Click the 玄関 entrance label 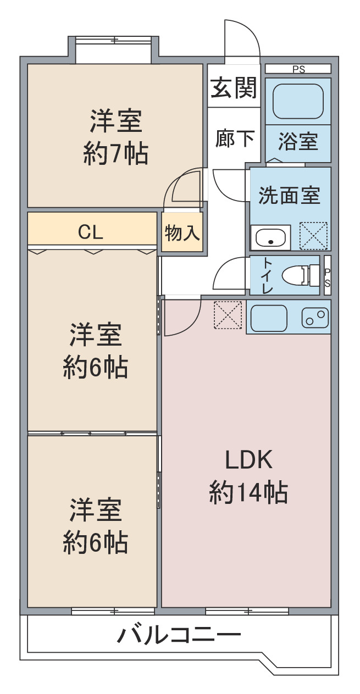(234, 87)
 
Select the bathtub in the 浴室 (298, 101)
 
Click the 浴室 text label (298, 141)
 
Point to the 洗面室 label (289, 195)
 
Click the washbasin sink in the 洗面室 (270, 238)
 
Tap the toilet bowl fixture (301, 275)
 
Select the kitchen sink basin (269, 318)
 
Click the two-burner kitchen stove (315, 318)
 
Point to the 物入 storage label (182, 232)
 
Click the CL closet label (90, 231)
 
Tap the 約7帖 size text (115, 154)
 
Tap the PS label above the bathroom (298, 69)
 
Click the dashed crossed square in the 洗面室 (313, 236)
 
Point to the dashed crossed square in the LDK (228, 314)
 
